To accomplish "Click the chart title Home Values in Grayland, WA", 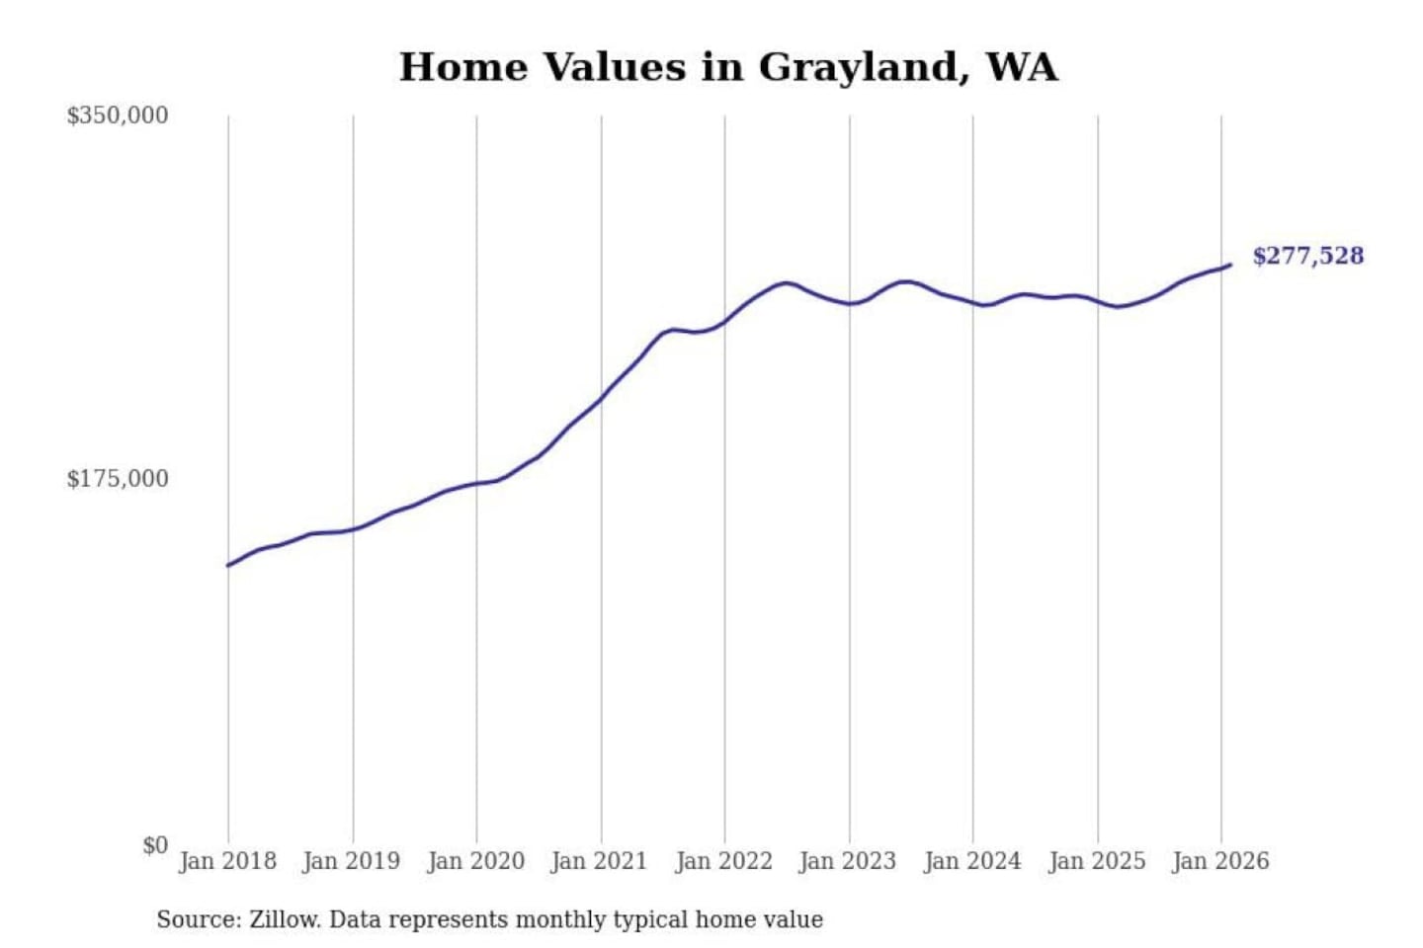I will point(728,67).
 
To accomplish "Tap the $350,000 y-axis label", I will point(118,116).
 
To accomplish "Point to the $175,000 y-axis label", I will point(118,479).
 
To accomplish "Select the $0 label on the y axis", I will point(155,845).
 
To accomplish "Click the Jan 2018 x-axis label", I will point(227,861).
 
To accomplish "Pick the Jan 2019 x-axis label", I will point(351,861).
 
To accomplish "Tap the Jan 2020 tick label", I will point(475,861).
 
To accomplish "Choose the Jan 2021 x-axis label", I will point(599,861).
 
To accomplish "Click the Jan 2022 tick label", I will point(723,861).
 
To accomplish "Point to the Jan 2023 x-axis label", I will point(847,861).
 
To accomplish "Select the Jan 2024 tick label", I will point(971,861).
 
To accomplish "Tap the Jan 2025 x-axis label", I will point(1096,861).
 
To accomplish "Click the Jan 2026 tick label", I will point(1219,861).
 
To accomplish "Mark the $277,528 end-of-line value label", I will point(1307,256).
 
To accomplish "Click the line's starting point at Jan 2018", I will point(228,565).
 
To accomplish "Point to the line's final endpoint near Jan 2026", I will point(1230,265).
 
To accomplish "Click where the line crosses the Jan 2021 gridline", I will point(601,398).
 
